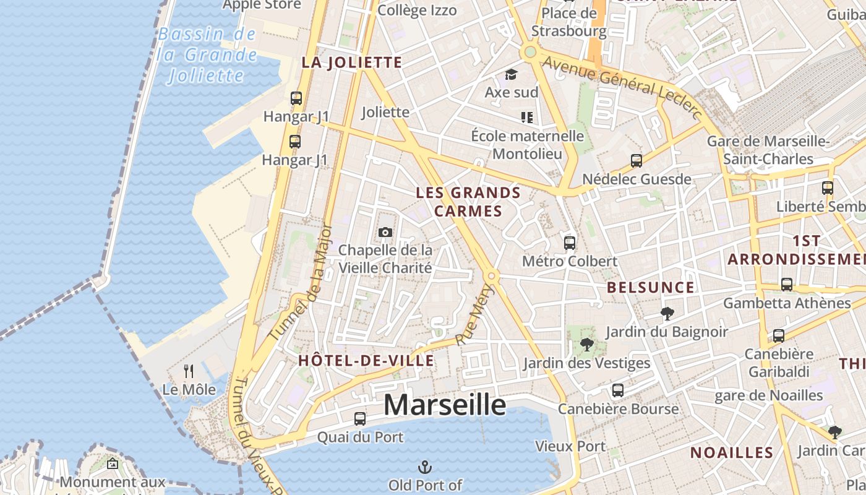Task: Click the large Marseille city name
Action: click(445, 405)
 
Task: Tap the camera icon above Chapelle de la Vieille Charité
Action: click(385, 232)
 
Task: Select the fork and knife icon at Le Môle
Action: click(189, 371)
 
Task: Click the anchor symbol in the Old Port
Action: click(425, 467)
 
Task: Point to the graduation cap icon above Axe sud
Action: click(511, 75)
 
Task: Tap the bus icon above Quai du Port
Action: click(360, 418)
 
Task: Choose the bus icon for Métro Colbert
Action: click(570, 243)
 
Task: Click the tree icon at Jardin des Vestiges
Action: click(586, 344)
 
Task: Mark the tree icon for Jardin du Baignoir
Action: click(667, 313)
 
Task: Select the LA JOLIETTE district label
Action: click(352, 62)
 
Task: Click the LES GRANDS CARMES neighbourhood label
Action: click(468, 202)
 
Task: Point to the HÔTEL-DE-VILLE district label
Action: click(366, 361)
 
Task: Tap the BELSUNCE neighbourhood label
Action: click(651, 287)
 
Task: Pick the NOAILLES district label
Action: click(732, 452)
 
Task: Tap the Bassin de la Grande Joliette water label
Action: click(207, 55)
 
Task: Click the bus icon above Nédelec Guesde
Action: click(637, 161)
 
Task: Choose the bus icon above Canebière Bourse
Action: click(618, 390)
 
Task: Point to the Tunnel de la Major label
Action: click(302, 283)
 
